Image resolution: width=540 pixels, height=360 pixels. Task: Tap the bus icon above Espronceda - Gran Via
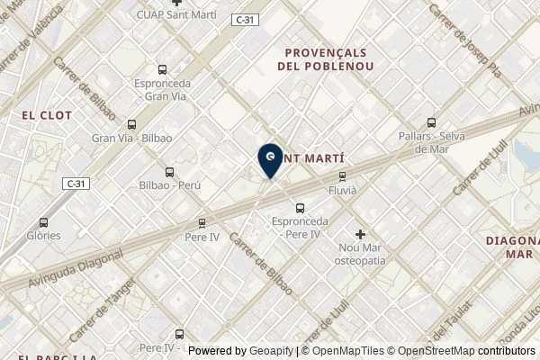[162, 69]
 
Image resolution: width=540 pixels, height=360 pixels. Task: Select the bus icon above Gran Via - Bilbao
[131, 125]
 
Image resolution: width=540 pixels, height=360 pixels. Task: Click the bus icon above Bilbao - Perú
[169, 172]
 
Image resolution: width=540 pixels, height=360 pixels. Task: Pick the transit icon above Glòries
[44, 222]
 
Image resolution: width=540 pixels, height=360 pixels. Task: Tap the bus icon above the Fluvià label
[341, 176]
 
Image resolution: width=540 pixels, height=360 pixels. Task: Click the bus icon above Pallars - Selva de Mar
[430, 122]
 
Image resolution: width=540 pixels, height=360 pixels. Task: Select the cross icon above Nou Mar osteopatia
[361, 234]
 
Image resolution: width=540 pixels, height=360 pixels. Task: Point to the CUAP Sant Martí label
[176, 15]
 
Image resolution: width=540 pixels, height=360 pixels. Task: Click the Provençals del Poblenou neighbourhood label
[328, 59]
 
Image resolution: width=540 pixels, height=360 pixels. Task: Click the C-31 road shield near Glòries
[76, 183]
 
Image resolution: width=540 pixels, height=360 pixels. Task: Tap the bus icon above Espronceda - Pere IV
[300, 208]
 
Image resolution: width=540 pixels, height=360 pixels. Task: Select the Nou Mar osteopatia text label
[361, 253]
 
